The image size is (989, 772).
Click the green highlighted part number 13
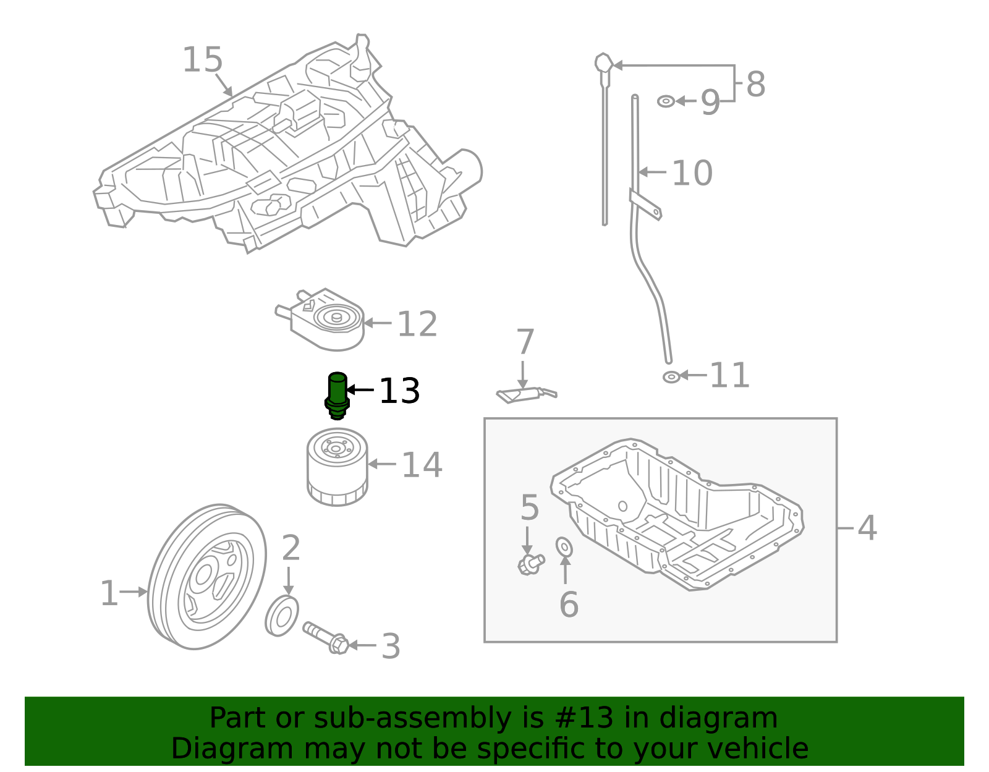337,394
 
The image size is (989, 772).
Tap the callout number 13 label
399,391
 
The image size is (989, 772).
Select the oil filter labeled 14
337,467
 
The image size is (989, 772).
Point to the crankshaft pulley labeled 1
206,577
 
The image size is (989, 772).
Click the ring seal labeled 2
282,616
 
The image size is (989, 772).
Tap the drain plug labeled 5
530,564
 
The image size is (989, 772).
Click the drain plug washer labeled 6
564,547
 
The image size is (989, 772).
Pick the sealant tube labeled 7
525,394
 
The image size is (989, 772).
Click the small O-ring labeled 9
666,101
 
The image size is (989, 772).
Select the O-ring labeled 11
671,376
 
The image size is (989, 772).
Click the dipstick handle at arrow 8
603,64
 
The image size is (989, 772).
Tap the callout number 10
692,173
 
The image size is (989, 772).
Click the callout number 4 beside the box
867,528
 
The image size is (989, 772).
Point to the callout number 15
202,61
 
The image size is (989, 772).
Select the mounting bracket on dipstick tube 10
645,205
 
